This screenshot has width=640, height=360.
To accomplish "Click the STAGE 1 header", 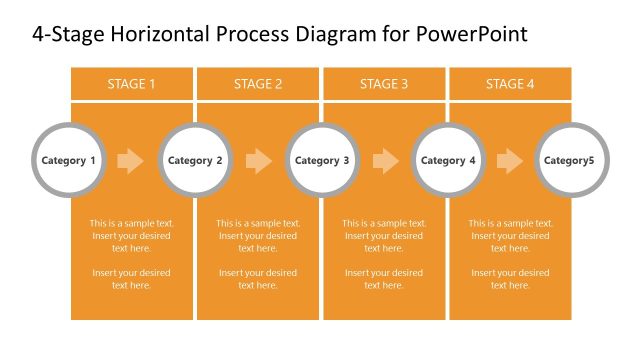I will coord(131,84).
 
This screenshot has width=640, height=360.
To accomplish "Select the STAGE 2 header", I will coord(258,84).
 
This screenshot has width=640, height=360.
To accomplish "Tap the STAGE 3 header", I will coord(384,84).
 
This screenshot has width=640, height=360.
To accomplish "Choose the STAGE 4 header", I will coord(510,84).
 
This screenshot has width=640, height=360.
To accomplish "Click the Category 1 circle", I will coord(69,160).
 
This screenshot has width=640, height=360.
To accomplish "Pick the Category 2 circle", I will coord(195,160).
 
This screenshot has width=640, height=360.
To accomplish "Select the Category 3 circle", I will coord(322,160).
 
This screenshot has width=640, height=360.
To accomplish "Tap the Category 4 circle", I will coord(448,160).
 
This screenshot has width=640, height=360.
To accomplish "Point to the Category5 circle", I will coord(574,160).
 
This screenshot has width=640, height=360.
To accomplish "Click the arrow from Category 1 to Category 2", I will coord(131,160).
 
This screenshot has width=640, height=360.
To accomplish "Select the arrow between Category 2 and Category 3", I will coord(258,160).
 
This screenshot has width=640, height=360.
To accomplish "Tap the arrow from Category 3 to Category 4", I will coord(385,160).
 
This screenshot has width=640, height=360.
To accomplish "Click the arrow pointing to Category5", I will coord(510,160).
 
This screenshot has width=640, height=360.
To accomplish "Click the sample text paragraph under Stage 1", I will coord(131,236).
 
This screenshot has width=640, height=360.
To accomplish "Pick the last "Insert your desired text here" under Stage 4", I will coord(510,279).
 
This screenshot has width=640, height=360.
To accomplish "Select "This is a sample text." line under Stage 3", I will coord(384,224).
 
